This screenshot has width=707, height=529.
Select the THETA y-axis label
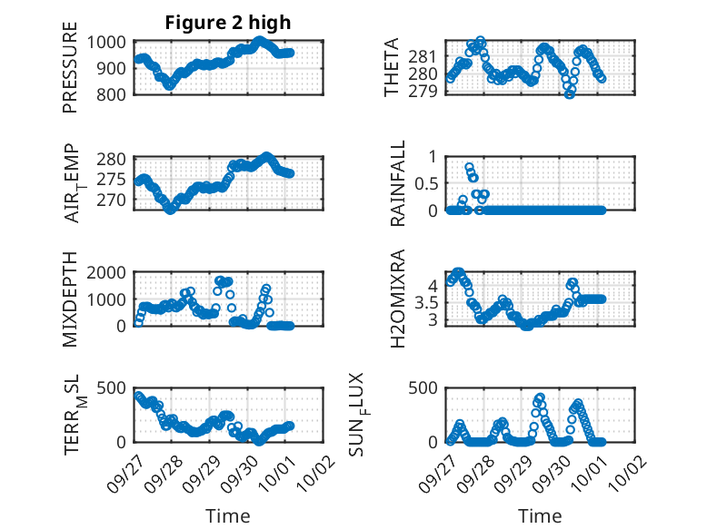392,68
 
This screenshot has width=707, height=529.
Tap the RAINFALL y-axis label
399,183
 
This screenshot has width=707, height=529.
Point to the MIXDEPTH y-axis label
71,299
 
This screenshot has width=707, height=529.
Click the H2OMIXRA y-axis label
399,299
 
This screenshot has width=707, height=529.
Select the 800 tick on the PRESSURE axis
113,94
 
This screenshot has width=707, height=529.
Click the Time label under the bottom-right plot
540,515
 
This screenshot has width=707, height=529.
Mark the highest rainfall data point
469,167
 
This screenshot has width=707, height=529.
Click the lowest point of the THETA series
569,93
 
